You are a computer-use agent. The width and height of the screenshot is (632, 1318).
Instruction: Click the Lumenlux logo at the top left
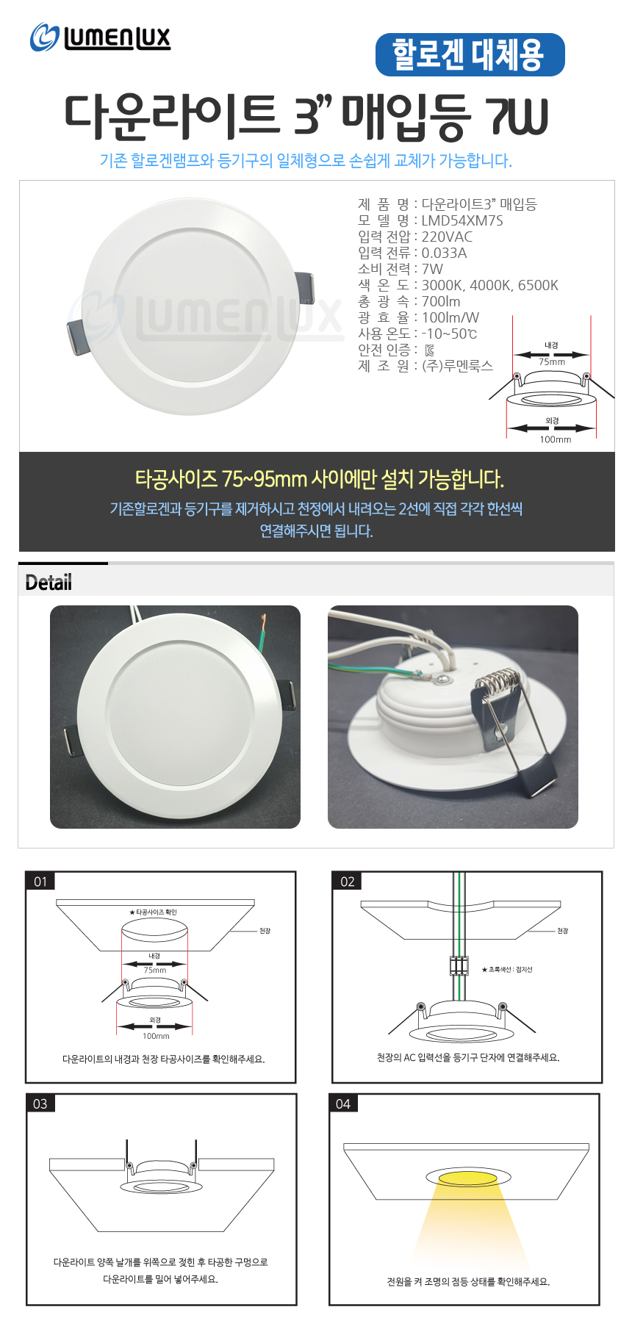point(100,37)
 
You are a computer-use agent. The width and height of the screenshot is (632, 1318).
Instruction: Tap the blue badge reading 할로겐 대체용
point(470,55)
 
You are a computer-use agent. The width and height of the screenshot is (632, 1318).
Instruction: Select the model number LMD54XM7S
point(462,220)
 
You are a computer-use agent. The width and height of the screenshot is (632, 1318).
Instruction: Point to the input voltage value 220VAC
point(447,237)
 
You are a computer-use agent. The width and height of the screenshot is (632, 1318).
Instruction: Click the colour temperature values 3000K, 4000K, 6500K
point(489,285)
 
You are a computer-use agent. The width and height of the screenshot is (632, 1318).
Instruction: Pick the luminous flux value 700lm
point(441,301)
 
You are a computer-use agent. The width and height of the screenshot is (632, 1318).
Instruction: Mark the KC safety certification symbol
point(430,350)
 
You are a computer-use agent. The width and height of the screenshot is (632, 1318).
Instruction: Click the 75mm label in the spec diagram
point(552,361)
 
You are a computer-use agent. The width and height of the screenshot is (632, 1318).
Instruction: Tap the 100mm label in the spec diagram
point(556,439)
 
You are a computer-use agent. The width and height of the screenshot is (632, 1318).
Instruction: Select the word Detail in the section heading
point(49,583)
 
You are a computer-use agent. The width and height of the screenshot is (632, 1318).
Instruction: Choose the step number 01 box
point(40,882)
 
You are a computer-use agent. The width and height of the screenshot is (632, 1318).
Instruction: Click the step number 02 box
point(348,882)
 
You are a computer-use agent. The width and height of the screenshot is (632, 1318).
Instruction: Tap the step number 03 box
point(40,1103)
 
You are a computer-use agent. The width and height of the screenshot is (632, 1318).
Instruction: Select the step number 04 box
point(343,1103)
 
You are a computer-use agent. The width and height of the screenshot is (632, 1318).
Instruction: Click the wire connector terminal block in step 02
point(459,965)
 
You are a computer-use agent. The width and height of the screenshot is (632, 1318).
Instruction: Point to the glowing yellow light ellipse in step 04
point(467,1178)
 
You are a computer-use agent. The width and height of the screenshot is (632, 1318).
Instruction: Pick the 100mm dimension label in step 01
point(156,1036)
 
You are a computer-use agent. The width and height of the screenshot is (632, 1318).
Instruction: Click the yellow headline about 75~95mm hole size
point(320,479)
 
